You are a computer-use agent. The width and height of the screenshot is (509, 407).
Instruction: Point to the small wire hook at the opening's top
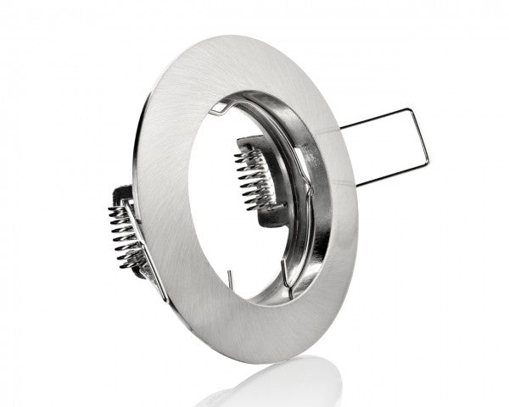click(219, 107)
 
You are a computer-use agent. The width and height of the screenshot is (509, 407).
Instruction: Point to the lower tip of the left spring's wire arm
click(166, 298)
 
